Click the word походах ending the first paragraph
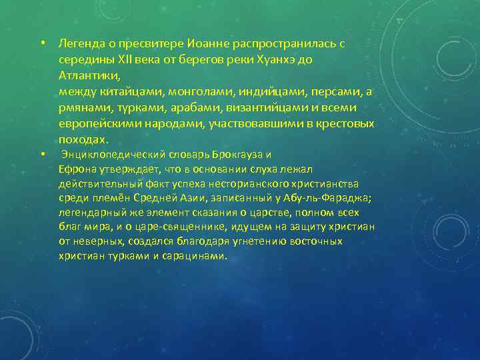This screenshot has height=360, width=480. click(81, 140)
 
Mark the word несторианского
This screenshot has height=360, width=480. click(267, 183)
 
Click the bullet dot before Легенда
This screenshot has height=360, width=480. click(42, 44)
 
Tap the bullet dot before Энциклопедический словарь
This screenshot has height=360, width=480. click(42, 154)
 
